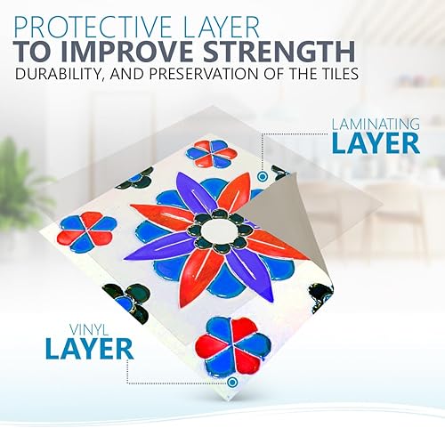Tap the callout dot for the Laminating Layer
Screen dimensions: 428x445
point(261,177)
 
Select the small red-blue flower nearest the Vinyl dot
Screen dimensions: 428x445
point(236,343)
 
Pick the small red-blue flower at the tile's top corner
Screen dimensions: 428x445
point(212,153)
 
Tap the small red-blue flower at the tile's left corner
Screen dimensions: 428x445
point(93,232)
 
